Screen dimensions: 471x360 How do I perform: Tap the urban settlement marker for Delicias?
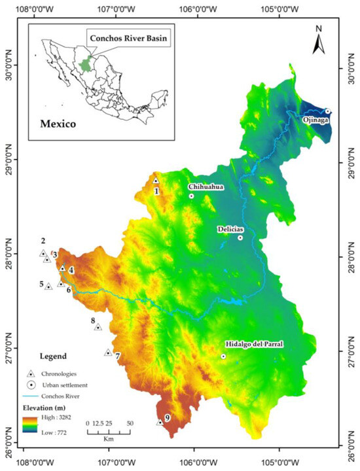click(x=240, y=237)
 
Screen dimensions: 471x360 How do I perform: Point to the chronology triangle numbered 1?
click(x=156, y=181)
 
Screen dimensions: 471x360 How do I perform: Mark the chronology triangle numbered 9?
click(x=160, y=423)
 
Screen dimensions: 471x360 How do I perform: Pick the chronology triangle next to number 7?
click(x=108, y=352)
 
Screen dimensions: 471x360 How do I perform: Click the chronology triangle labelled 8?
click(x=98, y=327)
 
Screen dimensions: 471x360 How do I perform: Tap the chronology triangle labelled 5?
click(x=48, y=287)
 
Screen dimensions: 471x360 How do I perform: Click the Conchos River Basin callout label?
click(x=128, y=39)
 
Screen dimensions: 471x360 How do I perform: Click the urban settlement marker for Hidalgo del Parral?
click(x=223, y=357)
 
